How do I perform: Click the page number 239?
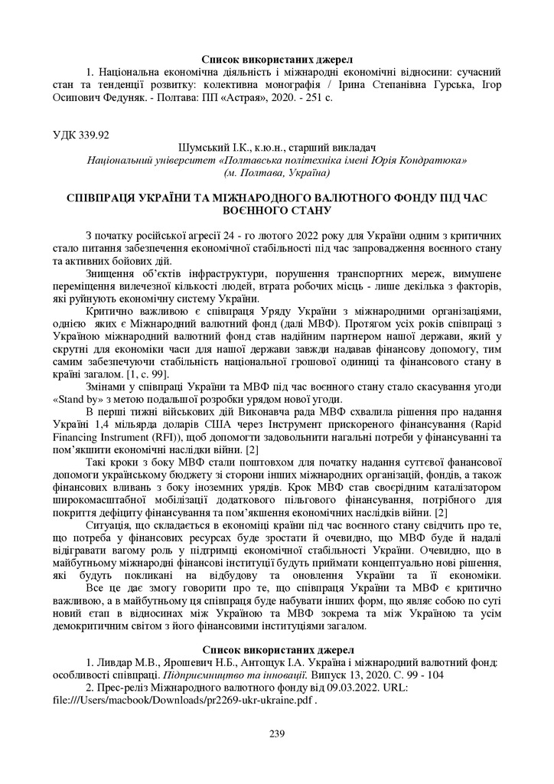[277, 734]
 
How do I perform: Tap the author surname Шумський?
[200, 149]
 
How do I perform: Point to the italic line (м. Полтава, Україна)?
[276, 174]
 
